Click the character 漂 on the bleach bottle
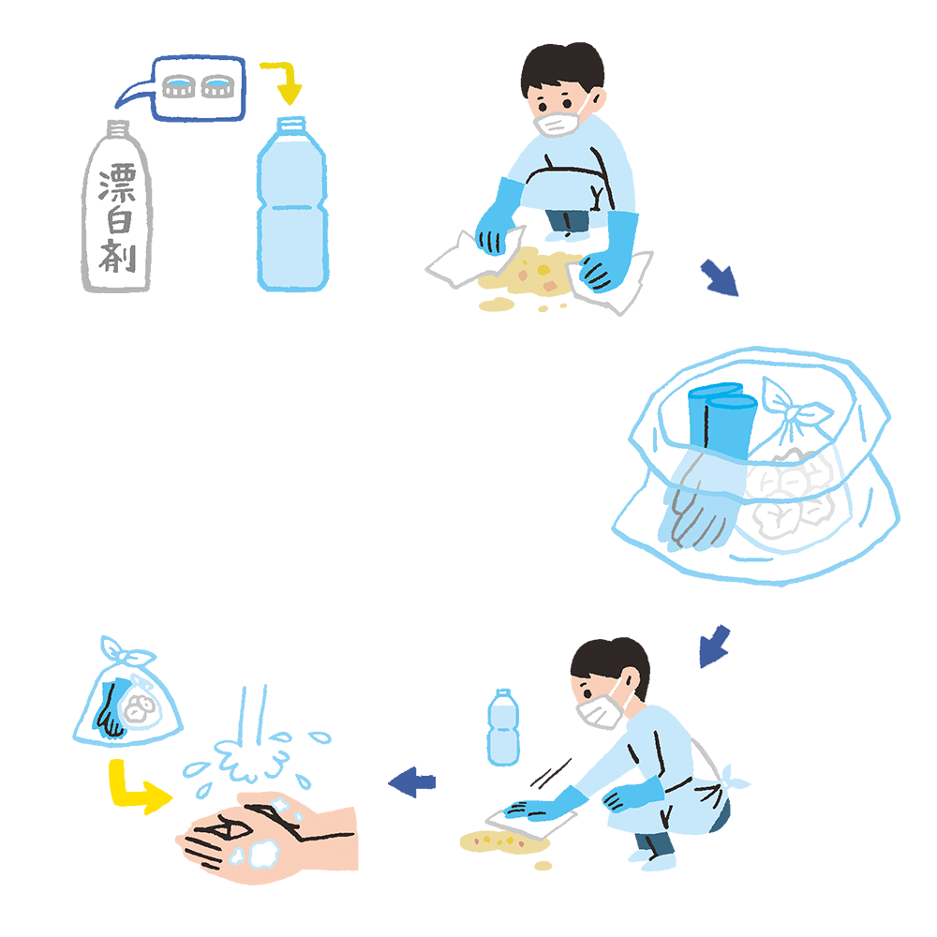pyautogui.click(x=118, y=182)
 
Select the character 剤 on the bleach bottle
pyautogui.click(x=118, y=256)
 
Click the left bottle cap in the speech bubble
pyautogui.click(x=179, y=86)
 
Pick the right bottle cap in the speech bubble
pyautogui.click(x=216, y=86)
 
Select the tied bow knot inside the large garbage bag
pyautogui.click(x=793, y=409)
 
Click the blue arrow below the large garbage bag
pyautogui.click(x=715, y=647)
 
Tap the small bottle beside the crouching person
pyautogui.click(x=503, y=727)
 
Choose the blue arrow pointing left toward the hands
pyautogui.click(x=412, y=781)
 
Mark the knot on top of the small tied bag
pyautogui.click(x=126, y=652)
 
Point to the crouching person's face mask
pyautogui.click(x=600, y=711)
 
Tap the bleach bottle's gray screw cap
pyautogui.click(x=118, y=128)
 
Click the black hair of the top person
pyautogui.click(x=561, y=67)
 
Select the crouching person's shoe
pyautogui.click(x=654, y=860)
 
